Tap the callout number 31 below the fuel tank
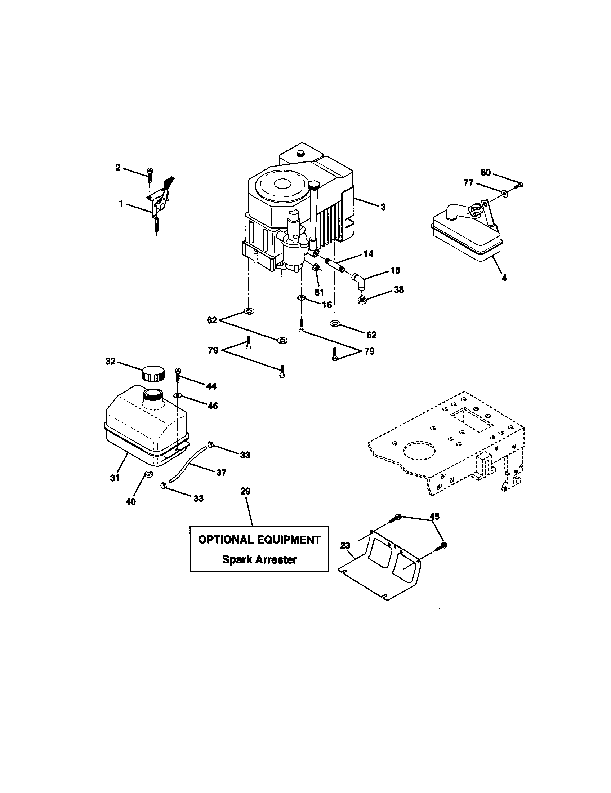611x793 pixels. [115, 478]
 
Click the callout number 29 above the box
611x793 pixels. [245, 491]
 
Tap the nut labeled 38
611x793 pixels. [362, 300]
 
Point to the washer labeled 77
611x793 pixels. [505, 191]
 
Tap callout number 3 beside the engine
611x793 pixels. [383, 207]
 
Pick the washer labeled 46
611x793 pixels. [178, 395]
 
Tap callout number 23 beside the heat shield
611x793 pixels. [345, 545]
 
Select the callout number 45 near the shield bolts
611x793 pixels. [434, 516]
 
